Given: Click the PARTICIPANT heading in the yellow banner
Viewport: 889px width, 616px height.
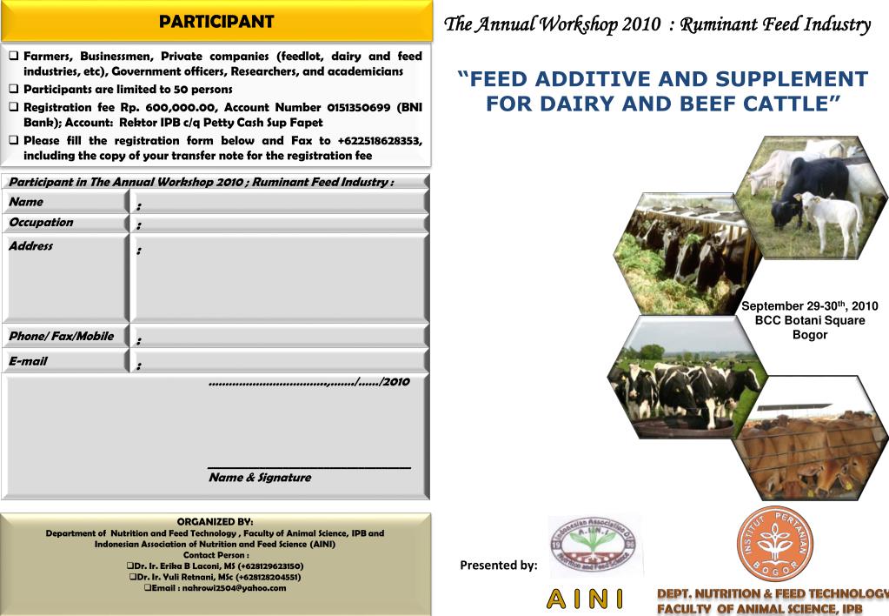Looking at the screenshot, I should [216, 22].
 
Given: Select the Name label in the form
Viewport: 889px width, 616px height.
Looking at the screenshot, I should [26, 202].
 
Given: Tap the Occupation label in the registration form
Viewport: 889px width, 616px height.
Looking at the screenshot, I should [41, 223].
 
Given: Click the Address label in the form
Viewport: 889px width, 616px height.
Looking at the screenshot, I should [31, 246].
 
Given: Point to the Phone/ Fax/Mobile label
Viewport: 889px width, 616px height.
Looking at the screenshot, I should [61, 337].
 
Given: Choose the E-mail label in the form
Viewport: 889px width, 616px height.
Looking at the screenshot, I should [29, 361].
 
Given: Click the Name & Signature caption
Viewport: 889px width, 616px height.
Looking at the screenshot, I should [259, 478].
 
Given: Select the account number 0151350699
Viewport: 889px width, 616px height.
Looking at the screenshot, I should [360, 107].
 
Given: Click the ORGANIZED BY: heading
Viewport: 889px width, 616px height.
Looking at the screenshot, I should [216, 521].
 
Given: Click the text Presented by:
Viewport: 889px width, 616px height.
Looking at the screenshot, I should [499, 566].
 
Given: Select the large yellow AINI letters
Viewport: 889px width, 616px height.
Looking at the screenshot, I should [585, 599].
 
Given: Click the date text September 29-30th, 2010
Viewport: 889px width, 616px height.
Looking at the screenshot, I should [809, 306].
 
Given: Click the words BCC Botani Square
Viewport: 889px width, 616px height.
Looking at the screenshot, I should [809, 320].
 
